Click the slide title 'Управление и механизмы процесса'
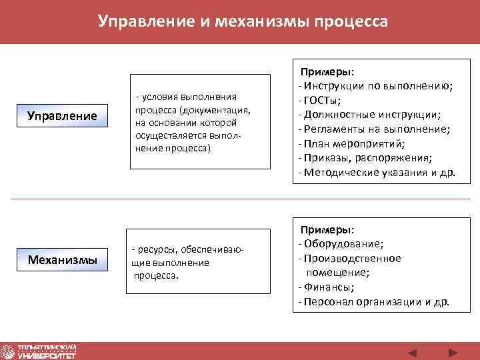pos(242,21)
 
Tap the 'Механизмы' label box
pos(62,259)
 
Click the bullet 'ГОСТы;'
pos(323,100)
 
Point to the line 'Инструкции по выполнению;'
pos(377,85)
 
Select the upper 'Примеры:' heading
pos(327,71)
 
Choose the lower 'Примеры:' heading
pos(327,229)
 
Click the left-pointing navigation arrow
pos(413,351)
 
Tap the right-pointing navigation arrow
pos(453,351)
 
